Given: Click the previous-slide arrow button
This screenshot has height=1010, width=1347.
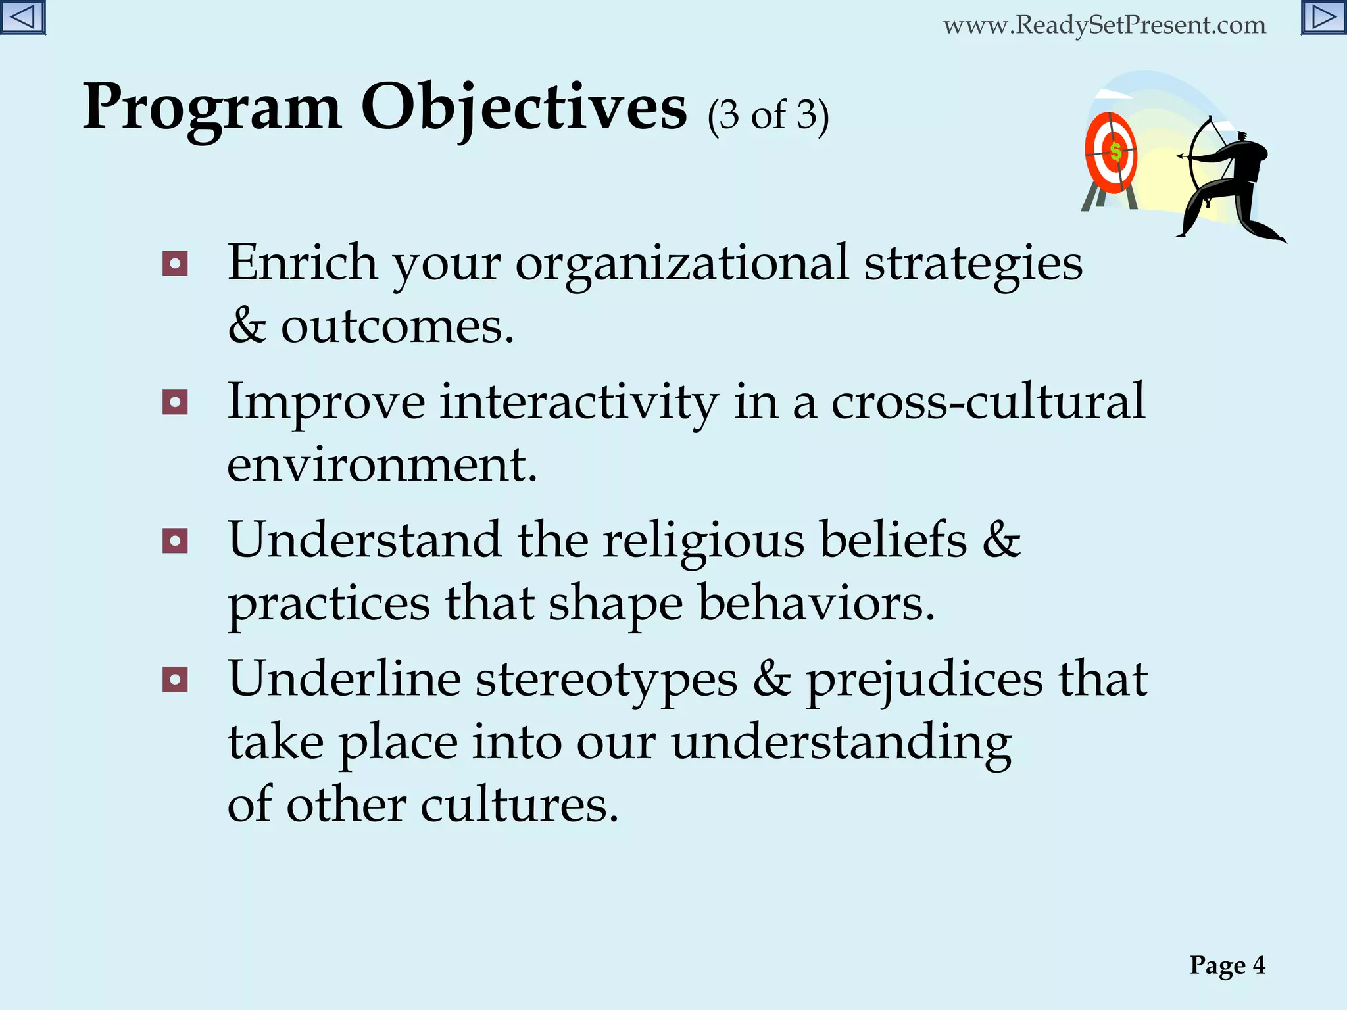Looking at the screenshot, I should coord(22,17).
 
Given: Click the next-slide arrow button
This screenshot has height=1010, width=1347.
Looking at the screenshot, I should coord(1323,17).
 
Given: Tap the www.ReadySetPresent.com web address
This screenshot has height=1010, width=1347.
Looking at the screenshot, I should coord(1104,25).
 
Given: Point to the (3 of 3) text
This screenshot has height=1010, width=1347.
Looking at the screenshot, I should coord(768,116).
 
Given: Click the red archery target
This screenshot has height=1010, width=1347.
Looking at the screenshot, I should coord(1111,153).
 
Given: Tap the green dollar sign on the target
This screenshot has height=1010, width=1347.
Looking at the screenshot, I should coord(1115,152).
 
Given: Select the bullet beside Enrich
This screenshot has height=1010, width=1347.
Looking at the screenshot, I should coord(175,264).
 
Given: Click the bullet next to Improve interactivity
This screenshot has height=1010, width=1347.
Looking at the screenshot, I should coord(175,402).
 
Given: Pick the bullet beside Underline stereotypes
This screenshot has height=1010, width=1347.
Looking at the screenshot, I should coord(175,680).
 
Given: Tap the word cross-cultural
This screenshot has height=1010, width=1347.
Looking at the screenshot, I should coord(988,402).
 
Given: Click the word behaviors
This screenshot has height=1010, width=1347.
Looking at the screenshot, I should coord(816,603).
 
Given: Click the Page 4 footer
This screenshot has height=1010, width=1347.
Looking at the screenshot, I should coord(1227,965).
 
